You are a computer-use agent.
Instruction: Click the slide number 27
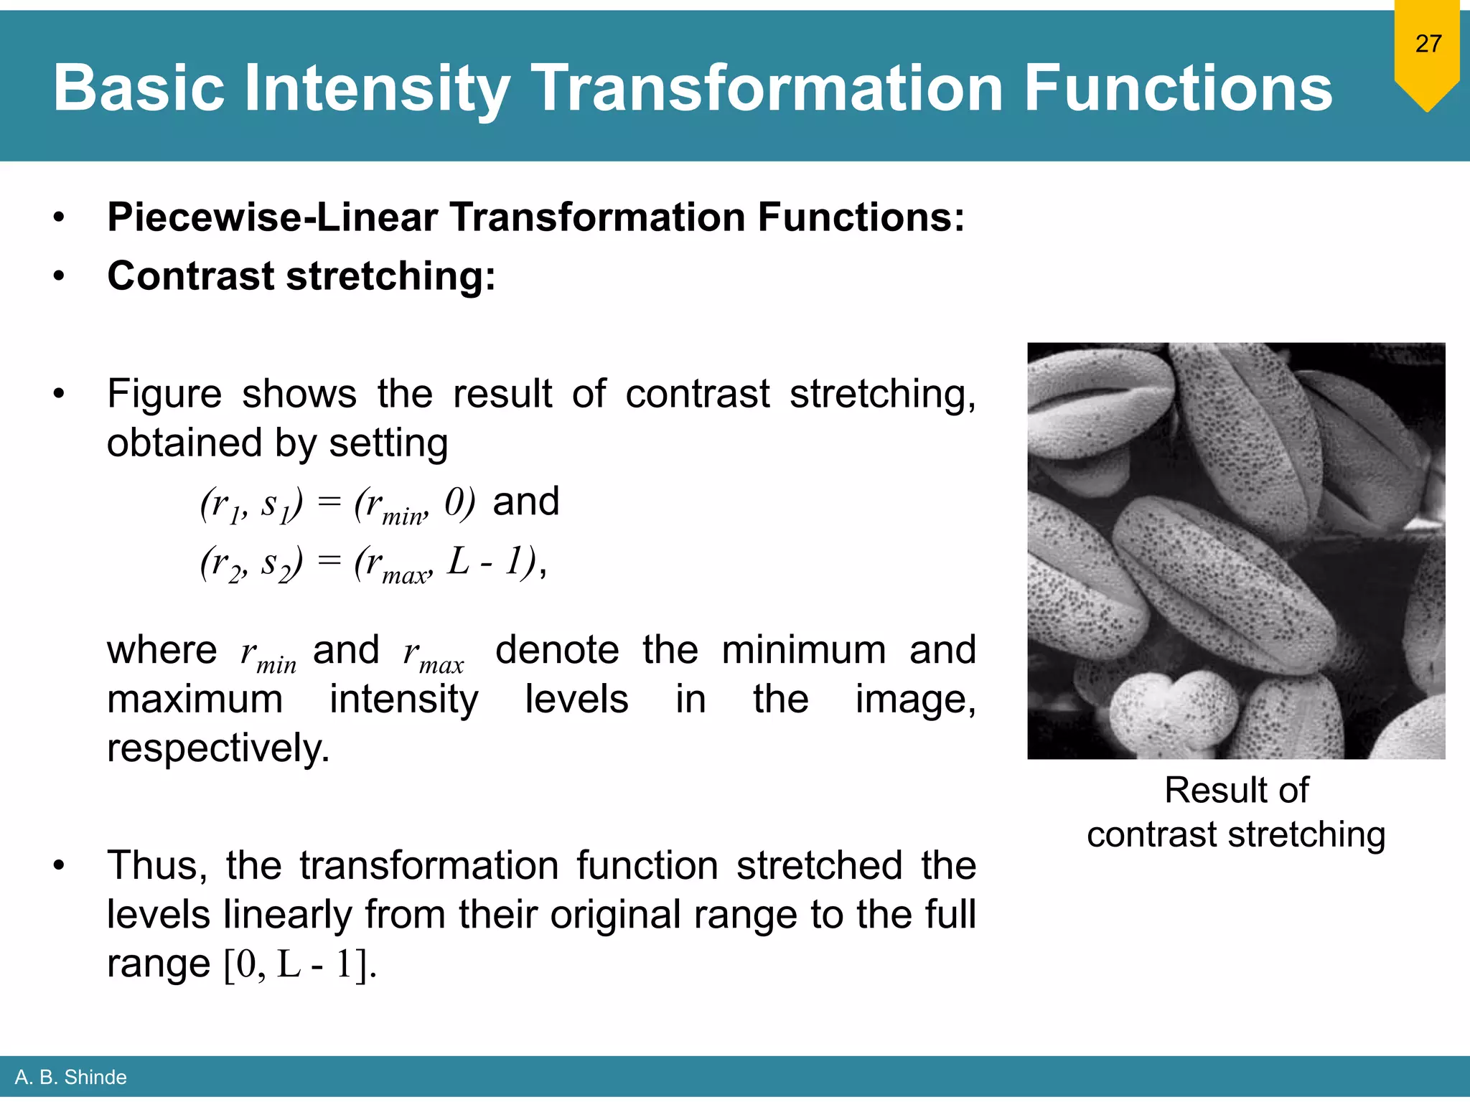coord(1428,44)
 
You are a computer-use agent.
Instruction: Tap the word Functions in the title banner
coord(1178,89)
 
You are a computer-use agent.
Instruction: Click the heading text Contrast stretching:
coord(301,276)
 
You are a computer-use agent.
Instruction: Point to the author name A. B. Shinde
coord(70,1077)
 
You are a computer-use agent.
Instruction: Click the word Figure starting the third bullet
coord(164,394)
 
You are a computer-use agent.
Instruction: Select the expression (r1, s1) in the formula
coord(252,504)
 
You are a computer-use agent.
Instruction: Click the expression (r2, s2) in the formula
coord(252,563)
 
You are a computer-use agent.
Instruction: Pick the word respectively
coord(218,748)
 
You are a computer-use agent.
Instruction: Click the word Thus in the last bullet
coord(156,865)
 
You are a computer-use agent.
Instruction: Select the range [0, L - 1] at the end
coord(299,964)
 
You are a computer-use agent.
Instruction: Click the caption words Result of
coord(1236,791)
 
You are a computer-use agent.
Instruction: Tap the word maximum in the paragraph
coord(195,699)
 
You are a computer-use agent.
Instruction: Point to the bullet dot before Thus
coord(59,866)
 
